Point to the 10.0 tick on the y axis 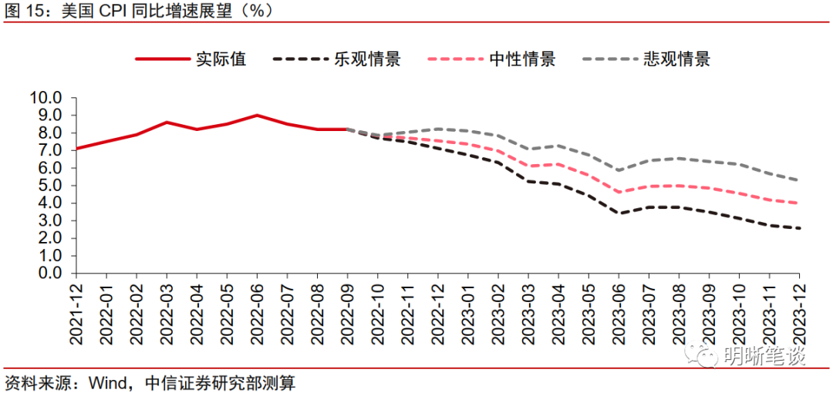[x=44, y=98]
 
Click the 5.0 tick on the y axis [x=49, y=186]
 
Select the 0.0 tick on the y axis [x=49, y=274]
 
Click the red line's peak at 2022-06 [x=257, y=116]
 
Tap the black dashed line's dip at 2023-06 [x=619, y=213]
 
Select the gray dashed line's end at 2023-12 [x=799, y=180]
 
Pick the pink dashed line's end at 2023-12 [x=799, y=203]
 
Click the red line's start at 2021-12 [x=76, y=149]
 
